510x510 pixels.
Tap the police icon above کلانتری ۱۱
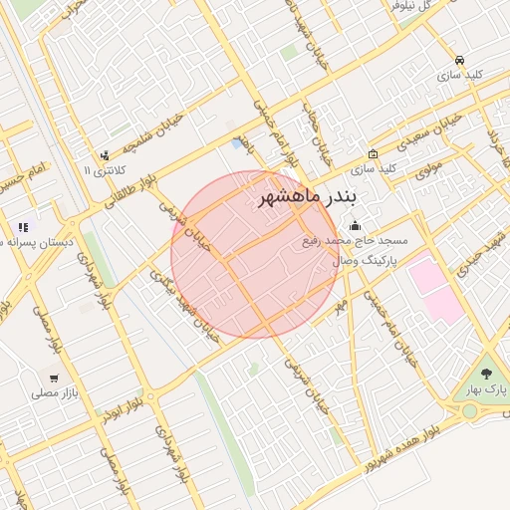pos(105,154)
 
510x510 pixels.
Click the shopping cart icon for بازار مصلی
pos(53,378)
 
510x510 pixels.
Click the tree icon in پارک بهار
pos(486,374)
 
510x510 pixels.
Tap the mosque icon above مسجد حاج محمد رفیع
pos(356,225)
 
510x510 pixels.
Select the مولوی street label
pos(428,170)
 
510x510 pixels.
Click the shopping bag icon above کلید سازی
pos(373,153)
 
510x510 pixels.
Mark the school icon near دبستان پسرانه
pos(23,227)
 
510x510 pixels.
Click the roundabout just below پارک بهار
pos(469,410)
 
